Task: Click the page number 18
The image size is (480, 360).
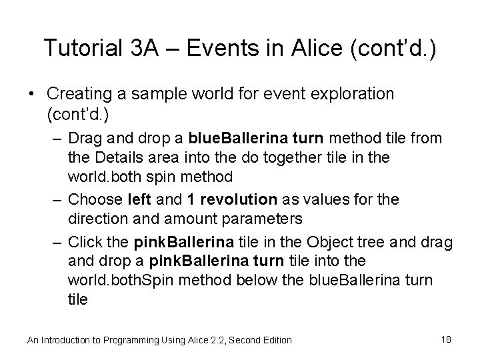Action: pos(446,339)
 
